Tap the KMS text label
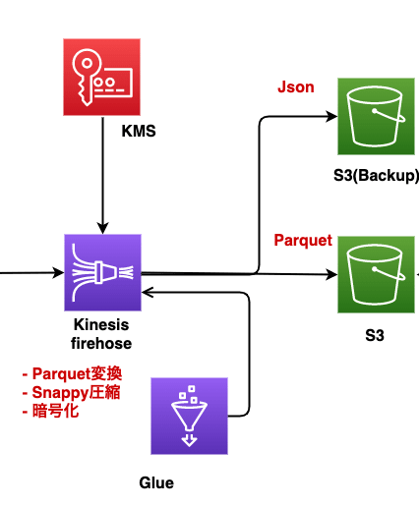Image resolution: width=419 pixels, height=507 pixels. (x=139, y=131)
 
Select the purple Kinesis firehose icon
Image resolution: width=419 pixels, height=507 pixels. (x=103, y=272)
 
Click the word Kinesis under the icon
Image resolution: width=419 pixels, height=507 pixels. (x=101, y=325)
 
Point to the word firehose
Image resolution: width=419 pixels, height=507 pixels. (x=102, y=343)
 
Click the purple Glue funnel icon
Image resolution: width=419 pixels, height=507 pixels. (x=189, y=417)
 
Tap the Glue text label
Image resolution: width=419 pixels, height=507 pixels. (x=156, y=482)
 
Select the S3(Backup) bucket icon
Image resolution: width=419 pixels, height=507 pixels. (x=376, y=117)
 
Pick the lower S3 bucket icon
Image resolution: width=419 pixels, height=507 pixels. (x=376, y=274)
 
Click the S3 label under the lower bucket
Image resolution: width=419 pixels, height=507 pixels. (x=374, y=335)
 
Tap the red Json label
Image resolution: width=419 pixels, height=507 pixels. (x=296, y=87)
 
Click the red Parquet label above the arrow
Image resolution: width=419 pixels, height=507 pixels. (x=302, y=241)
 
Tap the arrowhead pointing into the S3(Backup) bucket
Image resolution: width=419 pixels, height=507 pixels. (x=331, y=117)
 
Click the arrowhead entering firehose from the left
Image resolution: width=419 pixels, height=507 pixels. (x=58, y=272)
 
